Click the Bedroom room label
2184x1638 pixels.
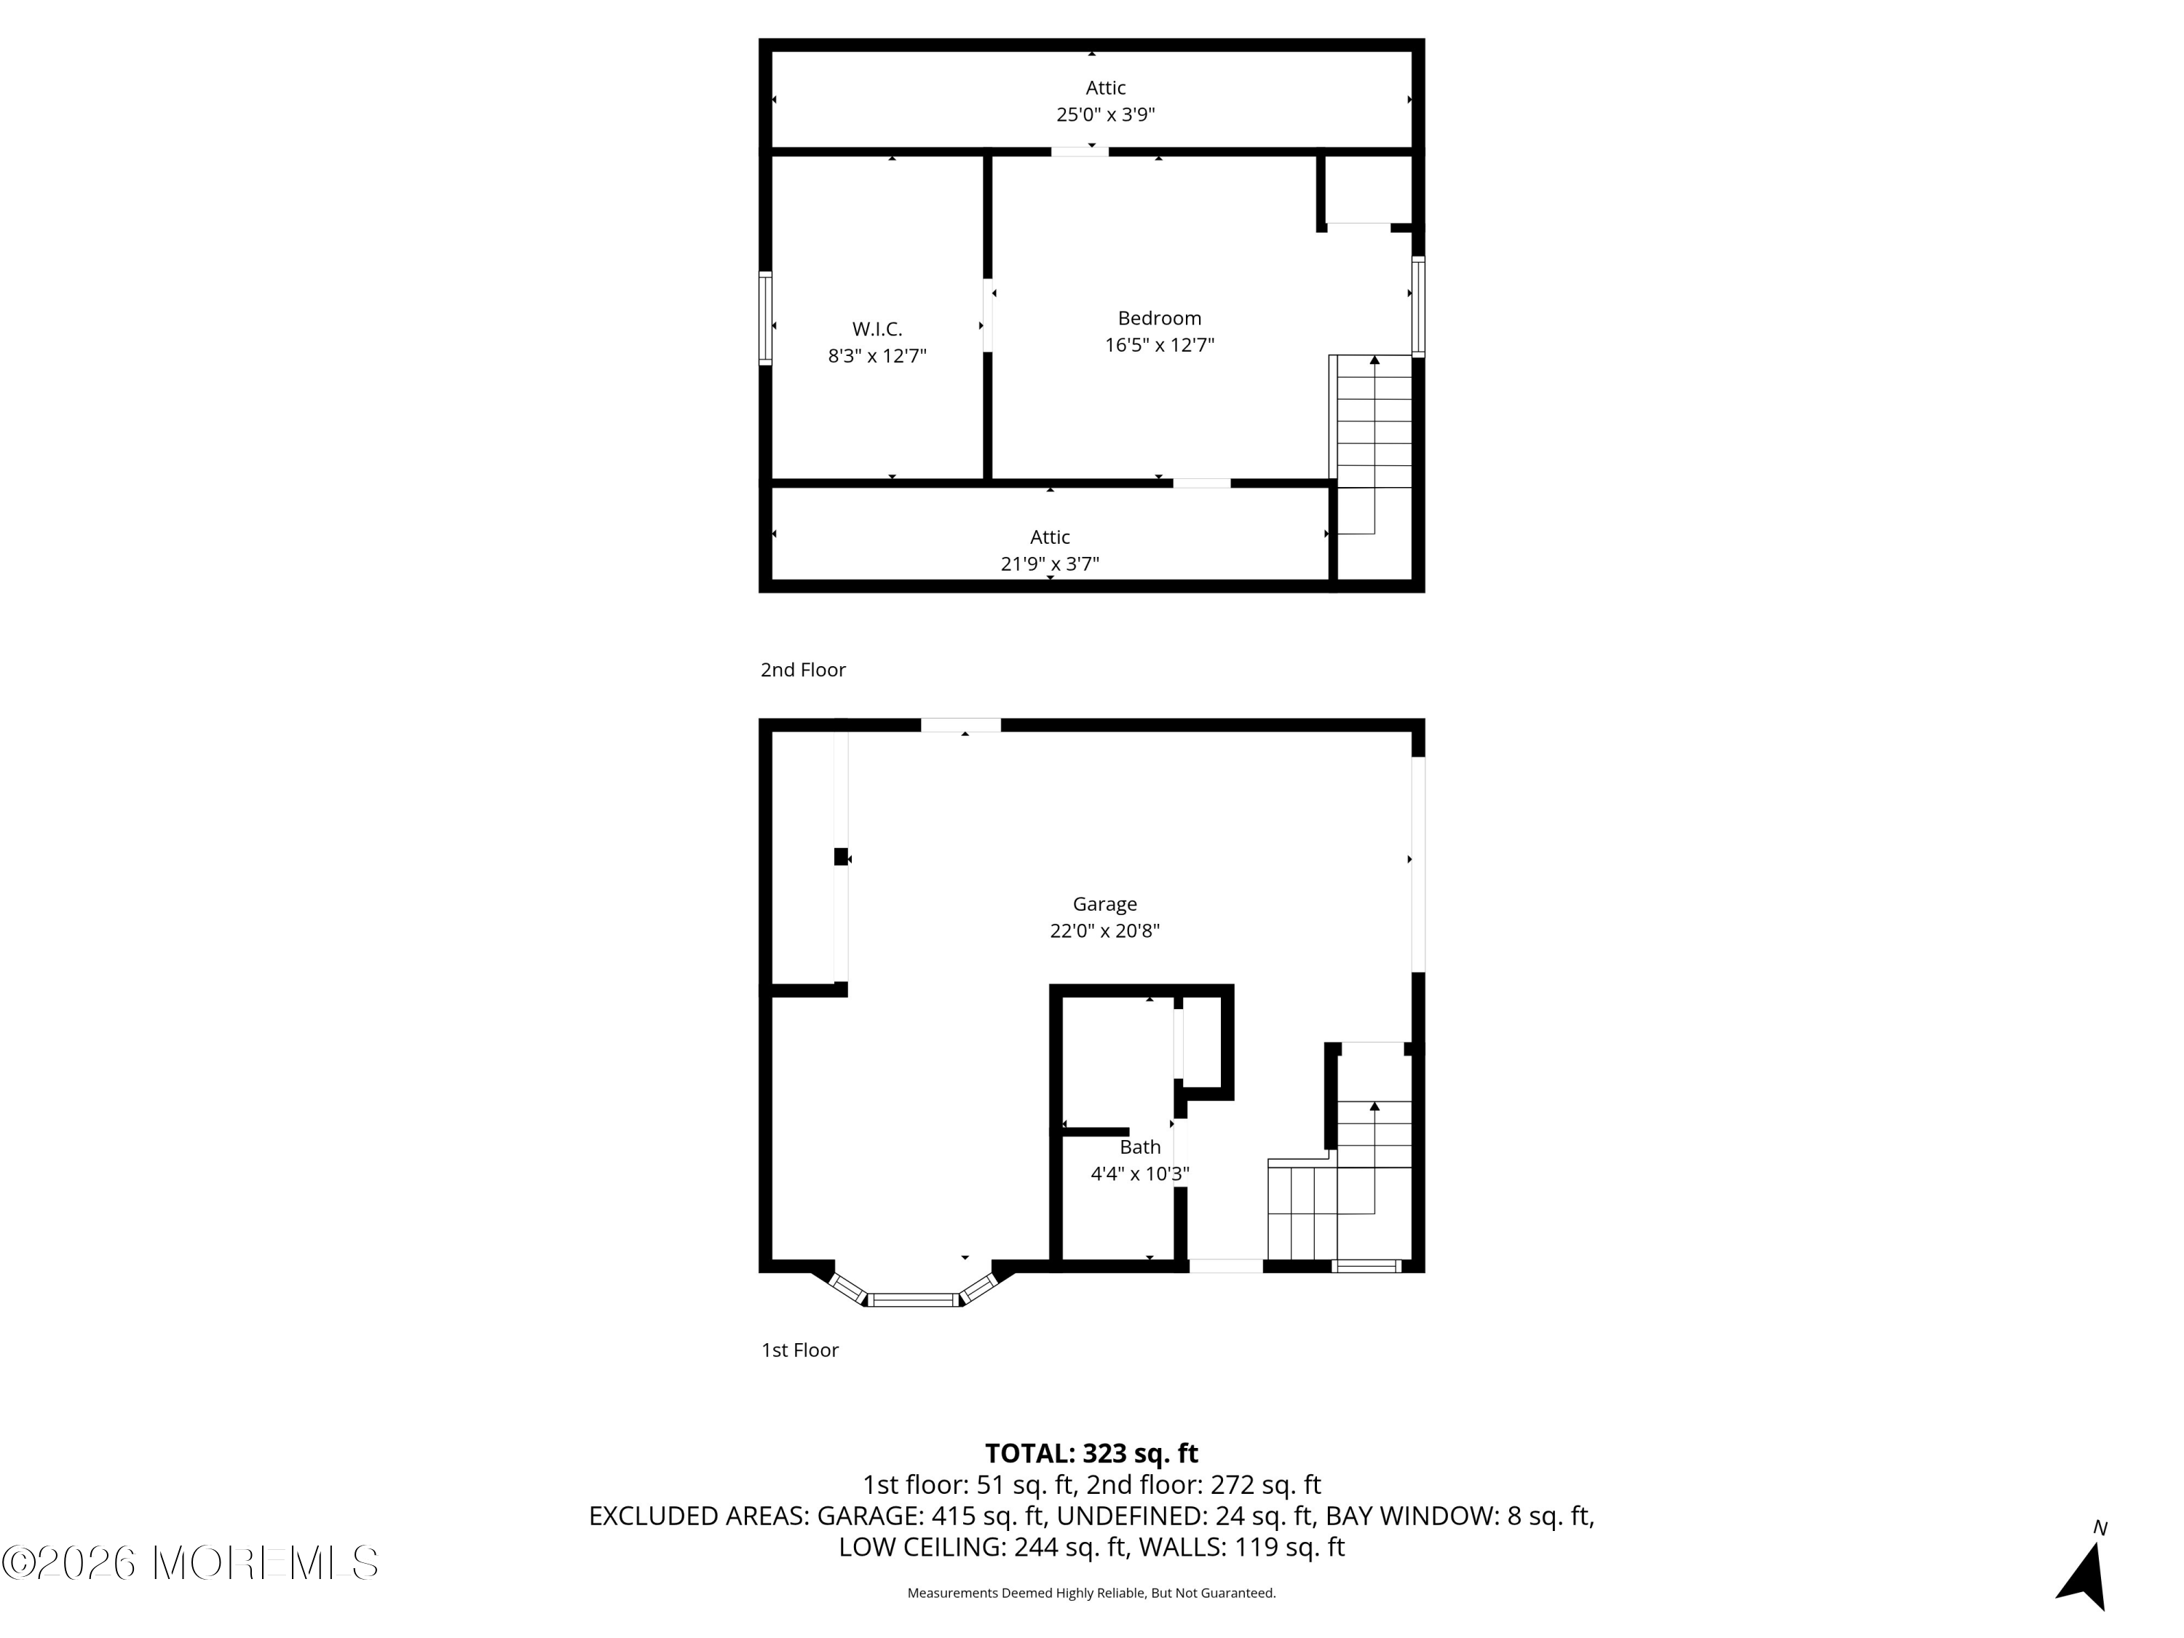(x=1159, y=318)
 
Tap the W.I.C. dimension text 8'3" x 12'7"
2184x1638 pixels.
(x=877, y=355)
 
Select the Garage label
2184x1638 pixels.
(x=1105, y=904)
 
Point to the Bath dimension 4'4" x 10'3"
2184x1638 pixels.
(x=1139, y=1174)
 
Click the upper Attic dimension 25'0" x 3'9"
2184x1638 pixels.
(x=1106, y=114)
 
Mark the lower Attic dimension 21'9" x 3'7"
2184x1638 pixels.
(x=1050, y=563)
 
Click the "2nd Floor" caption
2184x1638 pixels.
(x=803, y=670)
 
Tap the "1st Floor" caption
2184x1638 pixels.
(x=800, y=1350)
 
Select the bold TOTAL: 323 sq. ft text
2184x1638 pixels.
(x=1091, y=1453)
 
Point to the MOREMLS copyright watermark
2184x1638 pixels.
(x=189, y=1563)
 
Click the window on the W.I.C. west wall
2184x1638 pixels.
(x=765, y=318)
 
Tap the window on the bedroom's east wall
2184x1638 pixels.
(x=1418, y=306)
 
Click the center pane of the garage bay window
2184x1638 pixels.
(x=914, y=1299)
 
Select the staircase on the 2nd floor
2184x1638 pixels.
(x=1372, y=444)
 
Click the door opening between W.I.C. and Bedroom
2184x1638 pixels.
(x=987, y=316)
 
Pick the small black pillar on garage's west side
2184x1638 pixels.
(x=842, y=857)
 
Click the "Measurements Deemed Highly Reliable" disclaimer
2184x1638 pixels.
(x=1091, y=1593)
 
